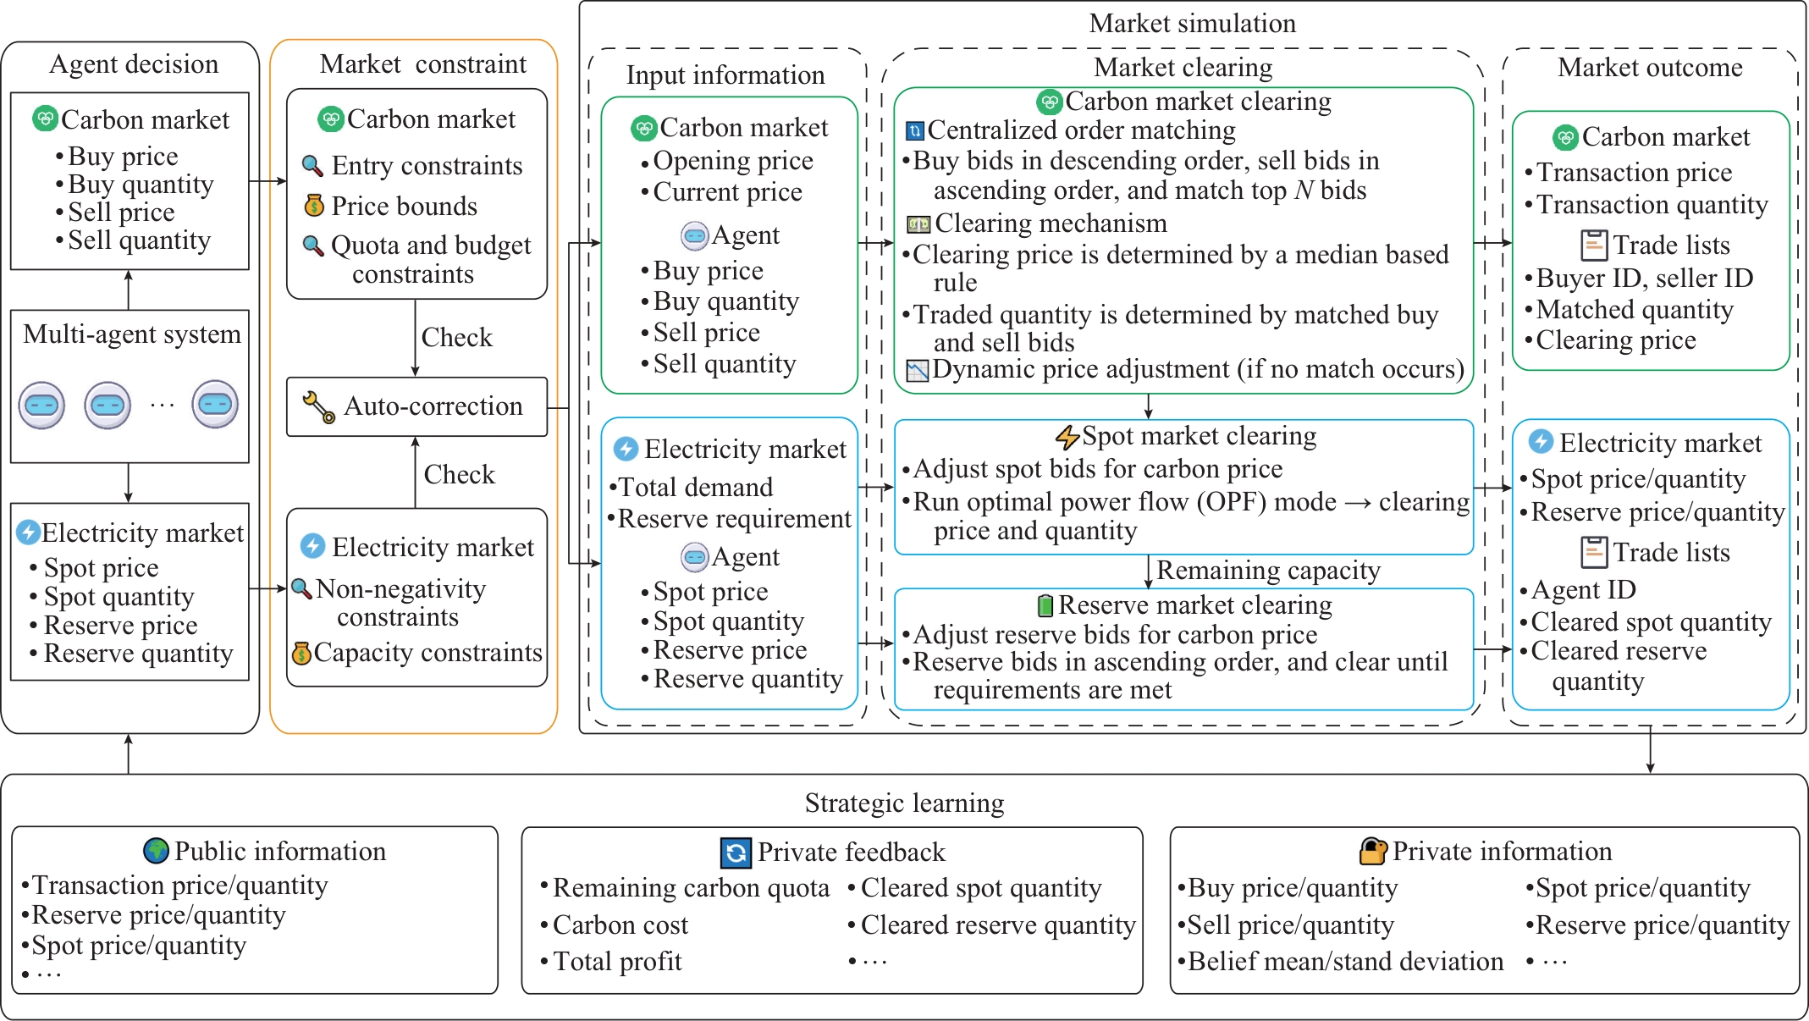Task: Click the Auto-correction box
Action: coord(416,407)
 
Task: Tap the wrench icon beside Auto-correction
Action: coord(318,407)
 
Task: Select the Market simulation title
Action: coord(1192,24)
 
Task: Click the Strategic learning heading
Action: coord(904,803)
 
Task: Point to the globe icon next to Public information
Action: coord(156,850)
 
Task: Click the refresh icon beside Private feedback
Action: coord(735,853)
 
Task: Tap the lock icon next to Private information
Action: coord(1372,851)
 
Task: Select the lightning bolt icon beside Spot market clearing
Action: coord(1067,437)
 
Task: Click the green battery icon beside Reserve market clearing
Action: coord(1045,605)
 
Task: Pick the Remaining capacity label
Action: coord(1268,571)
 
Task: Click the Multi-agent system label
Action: coord(132,334)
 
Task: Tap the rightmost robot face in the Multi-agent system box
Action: coord(215,405)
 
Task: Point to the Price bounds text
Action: coord(404,207)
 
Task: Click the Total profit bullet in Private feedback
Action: coord(611,962)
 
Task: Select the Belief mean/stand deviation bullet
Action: coord(1341,962)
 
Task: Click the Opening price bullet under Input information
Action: coord(727,161)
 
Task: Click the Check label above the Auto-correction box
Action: coord(456,337)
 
